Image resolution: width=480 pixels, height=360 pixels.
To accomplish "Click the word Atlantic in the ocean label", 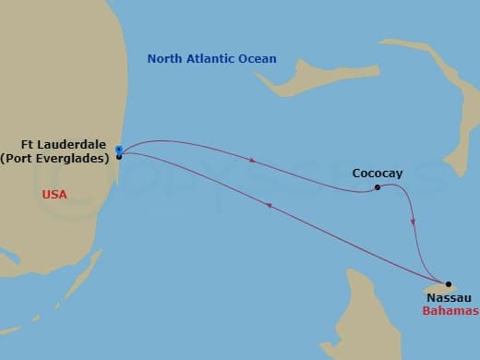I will click(210, 59).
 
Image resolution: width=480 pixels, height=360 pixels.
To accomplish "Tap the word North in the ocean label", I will click(166, 59).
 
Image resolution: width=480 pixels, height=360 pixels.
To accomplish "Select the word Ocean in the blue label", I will click(257, 59).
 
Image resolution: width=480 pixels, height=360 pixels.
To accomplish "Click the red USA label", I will click(55, 195).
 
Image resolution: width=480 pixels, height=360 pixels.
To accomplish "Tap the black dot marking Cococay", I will click(378, 188).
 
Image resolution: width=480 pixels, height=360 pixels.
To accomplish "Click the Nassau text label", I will click(450, 299).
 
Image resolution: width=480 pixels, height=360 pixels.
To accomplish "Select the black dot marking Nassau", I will click(449, 285).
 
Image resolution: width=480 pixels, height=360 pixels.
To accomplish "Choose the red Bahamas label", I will click(450, 312).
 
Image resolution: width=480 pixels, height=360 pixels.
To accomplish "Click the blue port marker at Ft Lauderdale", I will click(120, 149).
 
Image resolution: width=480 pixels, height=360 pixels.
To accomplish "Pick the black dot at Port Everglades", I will click(120, 157).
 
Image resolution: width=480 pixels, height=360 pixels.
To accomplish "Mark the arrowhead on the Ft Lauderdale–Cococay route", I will click(252, 162).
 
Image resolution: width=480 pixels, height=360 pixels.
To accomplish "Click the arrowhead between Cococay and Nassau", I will click(413, 222).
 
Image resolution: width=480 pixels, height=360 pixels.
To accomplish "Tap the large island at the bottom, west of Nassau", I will click(369, 314).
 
